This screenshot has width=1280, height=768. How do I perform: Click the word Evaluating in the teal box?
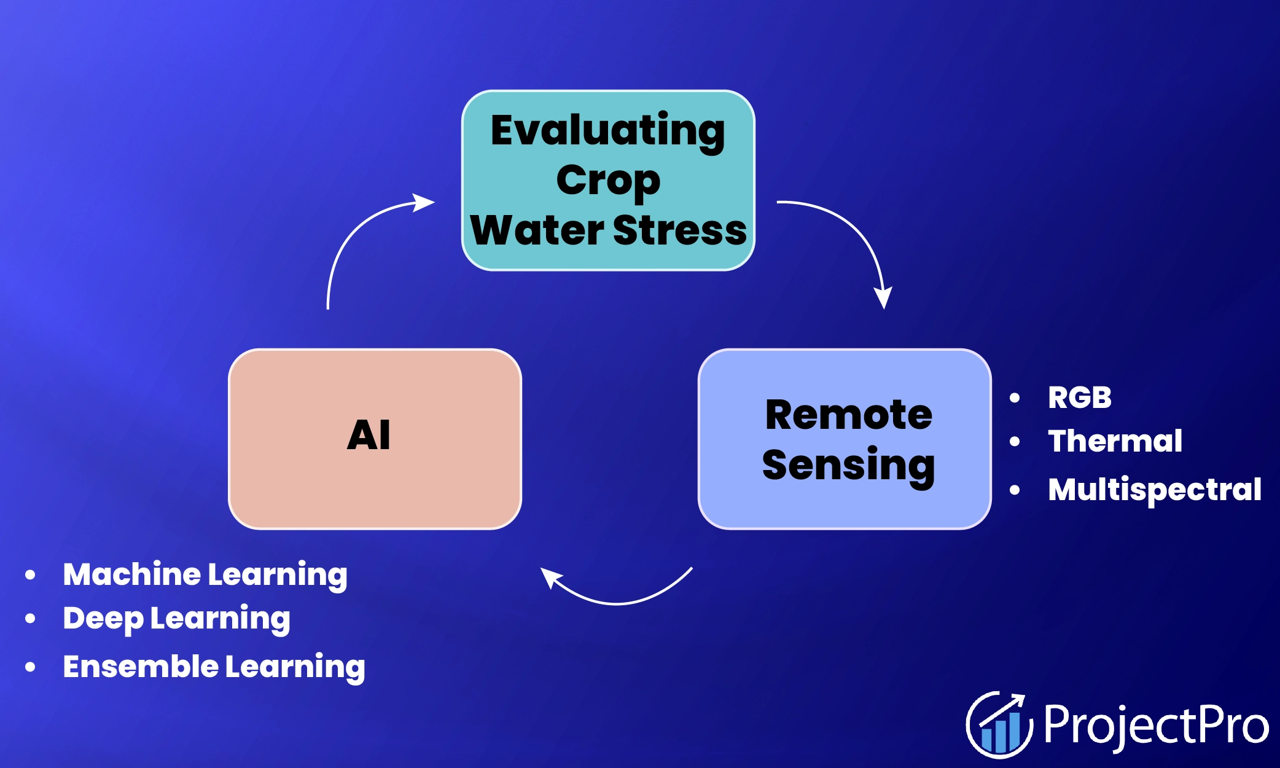(607, 131)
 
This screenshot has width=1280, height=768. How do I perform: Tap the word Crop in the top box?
(607, 181)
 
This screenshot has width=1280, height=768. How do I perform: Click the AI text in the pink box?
(369, 435)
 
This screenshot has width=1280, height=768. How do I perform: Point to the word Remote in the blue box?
(848, 415)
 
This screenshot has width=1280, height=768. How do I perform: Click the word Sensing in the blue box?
(848, 465)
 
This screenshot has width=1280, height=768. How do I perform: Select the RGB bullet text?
(1079, 398)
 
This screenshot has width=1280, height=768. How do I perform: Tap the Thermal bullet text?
(1115, 441)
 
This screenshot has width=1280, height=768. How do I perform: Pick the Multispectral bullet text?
(1154, 490)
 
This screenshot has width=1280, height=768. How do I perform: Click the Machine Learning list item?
(205, 575)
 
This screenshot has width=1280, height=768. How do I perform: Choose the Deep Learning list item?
(176, 619)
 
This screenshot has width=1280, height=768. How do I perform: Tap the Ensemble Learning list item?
(214, 667)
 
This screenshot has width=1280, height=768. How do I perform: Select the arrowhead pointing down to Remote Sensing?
(883, 297)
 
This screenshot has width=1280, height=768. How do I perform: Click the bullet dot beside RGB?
(1015, 398)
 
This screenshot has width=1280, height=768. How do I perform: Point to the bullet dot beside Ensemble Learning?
(30, 667)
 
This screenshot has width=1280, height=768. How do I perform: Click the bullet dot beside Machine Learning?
(30, 575)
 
